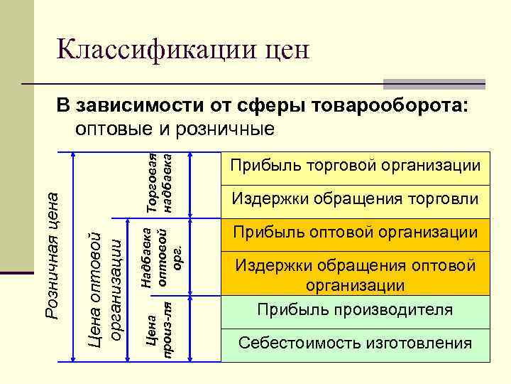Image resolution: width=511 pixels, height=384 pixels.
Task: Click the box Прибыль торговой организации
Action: [x=356, y=166]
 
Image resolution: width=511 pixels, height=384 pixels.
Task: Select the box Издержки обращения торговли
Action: [x=356, y=198]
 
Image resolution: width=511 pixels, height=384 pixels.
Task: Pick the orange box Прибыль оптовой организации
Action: [x=356, y=232]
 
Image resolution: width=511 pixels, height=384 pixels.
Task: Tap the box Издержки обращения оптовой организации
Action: [x=356, y=275]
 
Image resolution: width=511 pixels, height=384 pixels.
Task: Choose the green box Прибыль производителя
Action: [x=356, y=311]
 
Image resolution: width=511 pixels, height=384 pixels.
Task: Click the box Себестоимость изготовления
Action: [x=356, y=343]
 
